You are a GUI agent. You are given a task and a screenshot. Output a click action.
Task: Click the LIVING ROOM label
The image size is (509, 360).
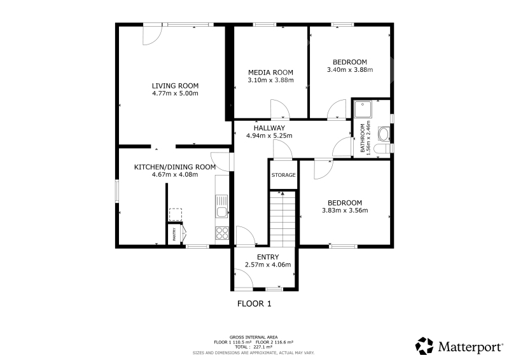pyautogui.click(x=176, y=86)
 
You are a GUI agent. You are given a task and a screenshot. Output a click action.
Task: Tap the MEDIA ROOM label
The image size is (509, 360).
pyautogui.click(x=271, y=73)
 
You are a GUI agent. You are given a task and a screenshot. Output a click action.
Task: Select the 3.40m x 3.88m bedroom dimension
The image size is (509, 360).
pyautogui.click(x=350, y=69)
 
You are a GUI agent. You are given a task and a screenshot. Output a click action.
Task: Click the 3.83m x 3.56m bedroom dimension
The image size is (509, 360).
pyautogui.click(x=345, y=211)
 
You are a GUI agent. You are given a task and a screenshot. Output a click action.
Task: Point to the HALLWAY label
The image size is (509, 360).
pyautogui.click(x=269, y=128)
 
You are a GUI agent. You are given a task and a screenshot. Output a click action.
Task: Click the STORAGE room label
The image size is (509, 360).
pyautogui.click(x=283, y=175)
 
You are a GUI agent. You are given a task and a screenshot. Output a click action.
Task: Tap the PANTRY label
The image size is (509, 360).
pyautogui.click(x=174, y=234)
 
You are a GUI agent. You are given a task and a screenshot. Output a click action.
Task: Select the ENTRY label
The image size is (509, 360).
pyautogui.click(x=268, y=257)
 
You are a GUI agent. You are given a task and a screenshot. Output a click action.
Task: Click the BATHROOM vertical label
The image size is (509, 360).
pyautogui.click(x=363, y=138)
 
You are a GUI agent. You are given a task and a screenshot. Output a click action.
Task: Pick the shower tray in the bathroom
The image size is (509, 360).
pyautogui.click(x=363, y=109)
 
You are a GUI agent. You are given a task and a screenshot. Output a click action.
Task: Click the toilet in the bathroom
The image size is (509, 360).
pyautogui.click(x=382, y=149)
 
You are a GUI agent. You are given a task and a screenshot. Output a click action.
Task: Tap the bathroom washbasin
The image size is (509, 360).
pyautogui.click(x=384, y=134)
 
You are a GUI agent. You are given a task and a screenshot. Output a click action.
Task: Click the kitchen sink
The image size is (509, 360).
pyautogui.click(x=222, y=207)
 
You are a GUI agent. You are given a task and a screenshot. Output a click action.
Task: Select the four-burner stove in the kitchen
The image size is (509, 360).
pyautogui.click(x=222, y=233)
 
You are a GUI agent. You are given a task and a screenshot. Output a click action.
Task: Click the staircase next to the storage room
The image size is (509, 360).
pyautogui.click(x=282, y=219)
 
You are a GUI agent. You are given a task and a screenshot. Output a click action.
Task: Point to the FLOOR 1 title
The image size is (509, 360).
pyautogui.click(x=254, y=304)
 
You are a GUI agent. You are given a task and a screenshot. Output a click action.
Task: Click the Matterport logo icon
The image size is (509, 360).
pyautogui.click(x=424, y=346)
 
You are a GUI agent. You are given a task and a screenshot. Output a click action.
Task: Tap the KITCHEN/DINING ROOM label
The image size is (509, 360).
pyautogui.click(x=175, y=167)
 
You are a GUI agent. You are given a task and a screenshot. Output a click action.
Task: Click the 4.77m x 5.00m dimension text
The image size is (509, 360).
pyautogui.click(x=176, y=93)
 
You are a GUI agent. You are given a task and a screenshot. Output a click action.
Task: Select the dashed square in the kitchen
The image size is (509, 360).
pyautogui.click(x=176, y=214)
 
